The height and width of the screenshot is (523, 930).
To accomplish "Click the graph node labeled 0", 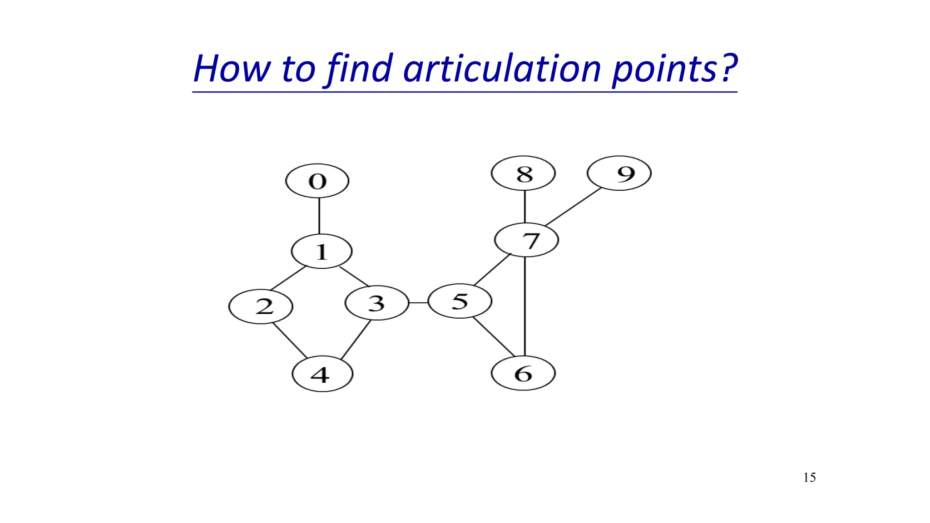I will click(317, 181).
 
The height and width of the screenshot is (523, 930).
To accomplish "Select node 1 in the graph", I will click(322, 251).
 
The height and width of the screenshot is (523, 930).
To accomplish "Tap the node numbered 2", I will click(261, 306).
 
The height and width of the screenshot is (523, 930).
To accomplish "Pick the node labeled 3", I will click(377, 303).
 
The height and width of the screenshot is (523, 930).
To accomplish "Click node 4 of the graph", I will click(322, 375).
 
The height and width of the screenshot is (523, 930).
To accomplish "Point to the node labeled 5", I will click(460, 301).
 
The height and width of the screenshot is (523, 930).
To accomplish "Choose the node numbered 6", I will click(523, 373).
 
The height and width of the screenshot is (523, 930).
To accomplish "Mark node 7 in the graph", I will click(526, 240).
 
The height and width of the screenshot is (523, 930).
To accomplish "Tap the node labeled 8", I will click(523, 173).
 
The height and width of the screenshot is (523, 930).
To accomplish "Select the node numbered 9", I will click(619, 173).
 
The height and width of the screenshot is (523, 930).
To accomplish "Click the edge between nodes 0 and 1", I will click(319, 216).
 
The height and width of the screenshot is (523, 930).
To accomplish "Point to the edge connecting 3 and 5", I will click(418, 302).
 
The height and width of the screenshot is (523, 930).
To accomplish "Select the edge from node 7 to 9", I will click(573, 207).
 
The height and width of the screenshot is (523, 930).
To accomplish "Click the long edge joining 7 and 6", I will click(525, 306).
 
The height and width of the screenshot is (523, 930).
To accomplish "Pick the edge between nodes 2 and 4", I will click(289, 340).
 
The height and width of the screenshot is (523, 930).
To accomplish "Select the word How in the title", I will click(232, 69).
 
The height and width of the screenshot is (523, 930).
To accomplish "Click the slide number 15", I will click(809, 478).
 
